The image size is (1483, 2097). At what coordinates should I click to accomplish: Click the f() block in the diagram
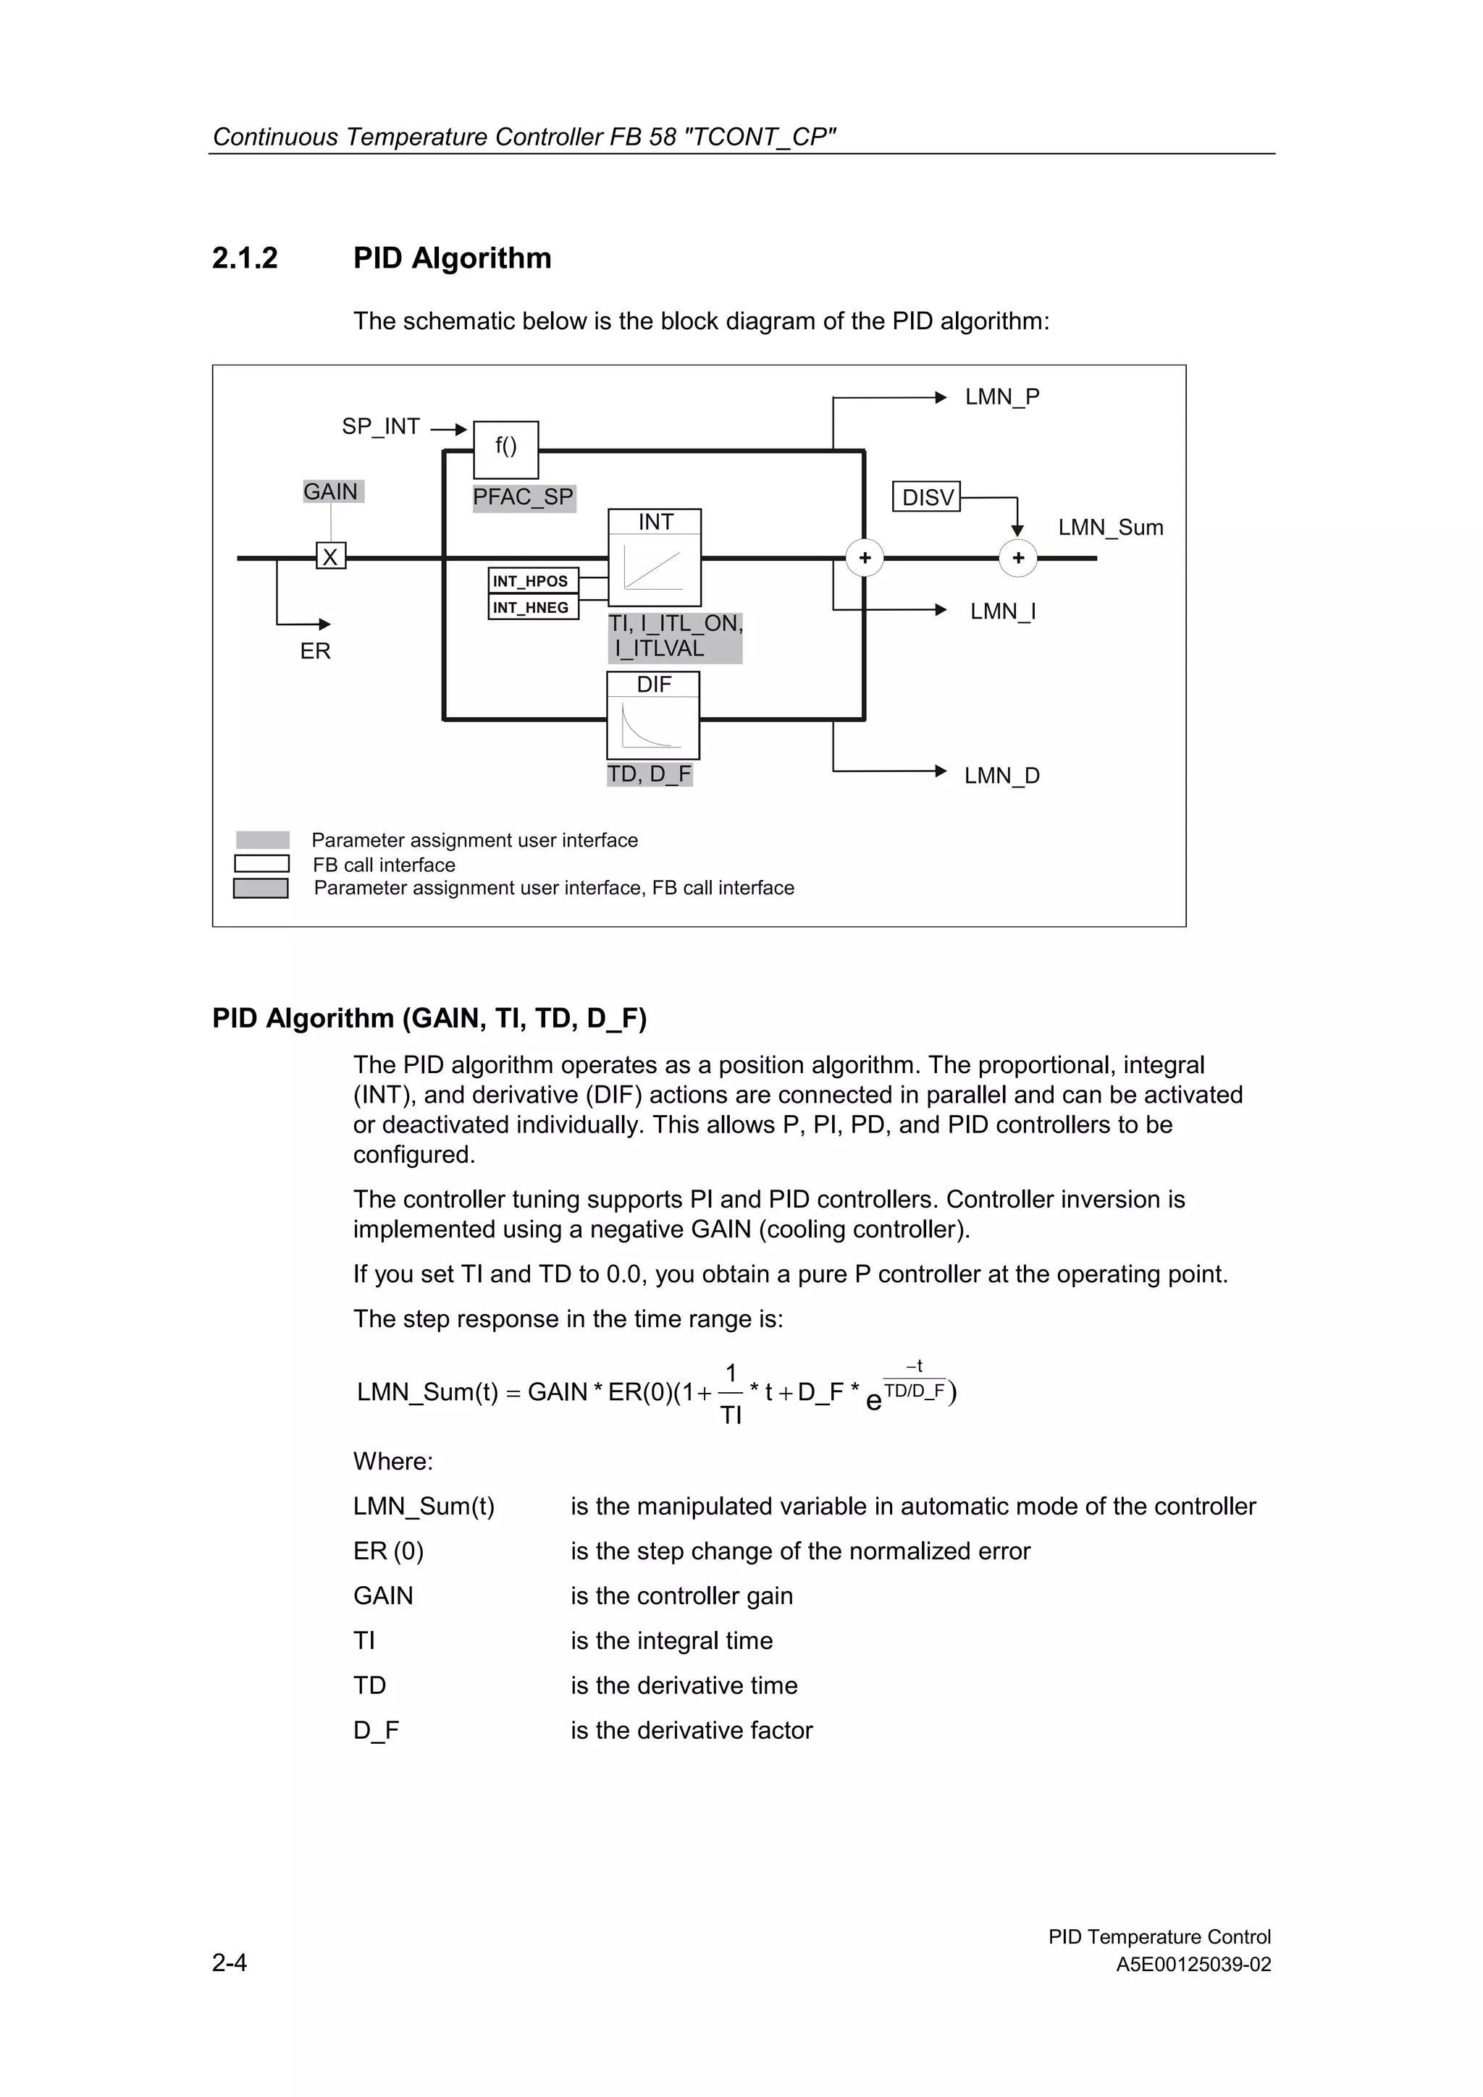tap(505, 449)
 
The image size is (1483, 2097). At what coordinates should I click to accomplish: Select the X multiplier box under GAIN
tap(331, 556)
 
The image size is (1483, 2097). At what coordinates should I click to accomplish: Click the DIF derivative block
tap(653, 715)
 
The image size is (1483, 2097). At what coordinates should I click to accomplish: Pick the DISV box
tap(927, 497)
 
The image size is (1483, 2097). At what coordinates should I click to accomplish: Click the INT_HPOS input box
tap(533, 581)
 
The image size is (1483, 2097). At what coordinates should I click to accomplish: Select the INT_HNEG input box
tap(533, 607)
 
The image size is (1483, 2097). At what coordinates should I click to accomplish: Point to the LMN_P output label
tap(1001, 397)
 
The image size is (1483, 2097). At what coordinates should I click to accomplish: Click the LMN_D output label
tap(1001, 776)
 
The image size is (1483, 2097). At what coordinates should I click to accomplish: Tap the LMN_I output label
tap(1002, 611)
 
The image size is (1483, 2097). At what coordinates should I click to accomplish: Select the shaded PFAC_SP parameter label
tap(524, 498)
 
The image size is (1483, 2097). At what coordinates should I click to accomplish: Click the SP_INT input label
tap(381, 426)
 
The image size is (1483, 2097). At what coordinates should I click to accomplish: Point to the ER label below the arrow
tap(315, 651)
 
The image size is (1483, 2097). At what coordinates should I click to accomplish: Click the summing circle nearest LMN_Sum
tap(1018, 558)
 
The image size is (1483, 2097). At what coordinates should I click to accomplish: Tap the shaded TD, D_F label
tap(650, 774)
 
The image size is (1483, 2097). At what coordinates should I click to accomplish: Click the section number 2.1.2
tap(245, 258)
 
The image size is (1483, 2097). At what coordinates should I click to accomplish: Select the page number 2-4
tap(230, 1962)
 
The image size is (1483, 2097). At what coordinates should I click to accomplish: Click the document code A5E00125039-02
tap(1193, 1965)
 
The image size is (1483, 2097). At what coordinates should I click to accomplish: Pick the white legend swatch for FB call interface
tap(262, 864)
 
